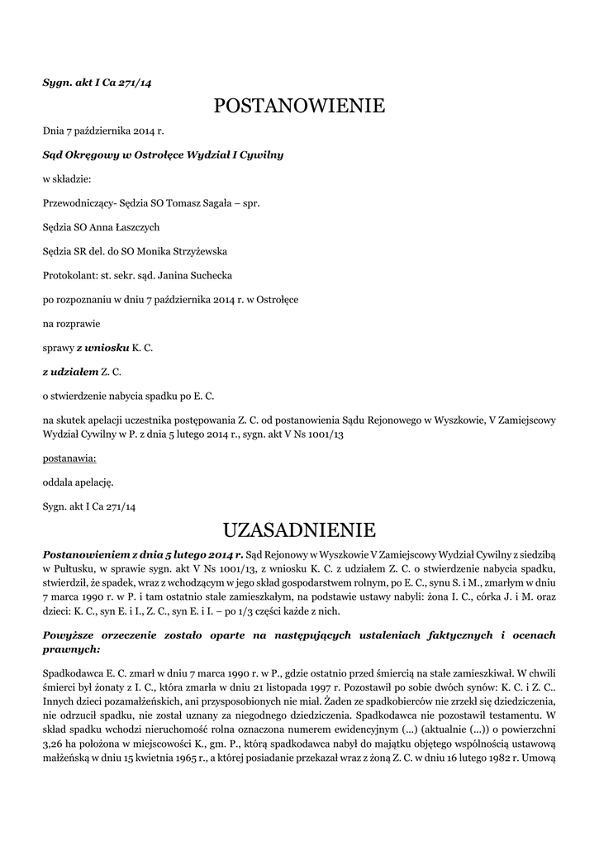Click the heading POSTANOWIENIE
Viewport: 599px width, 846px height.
pyautogui.click(x=299, y=106)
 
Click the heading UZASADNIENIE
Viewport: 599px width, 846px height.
pyautogui.click(x=299, y=529)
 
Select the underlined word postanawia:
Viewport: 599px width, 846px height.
pyautogui.click(x=69, y=457)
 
